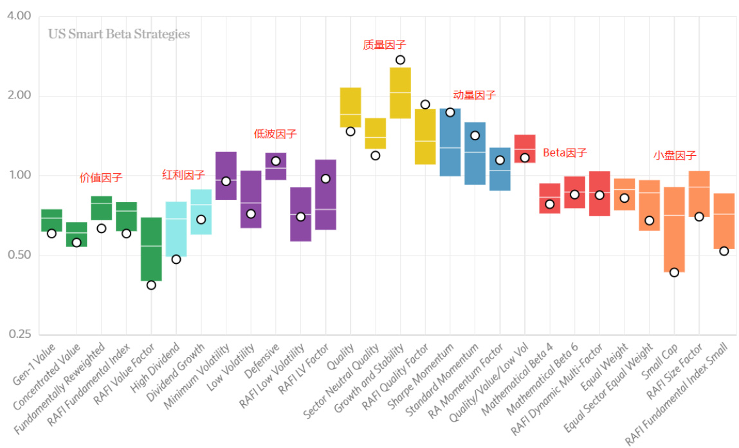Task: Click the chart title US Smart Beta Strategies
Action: click(x=119, y=34)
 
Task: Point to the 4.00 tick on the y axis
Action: click(x=19, y=16)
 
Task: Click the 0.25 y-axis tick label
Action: click(x=19, y=335)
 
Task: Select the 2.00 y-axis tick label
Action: click(x=19, y=96)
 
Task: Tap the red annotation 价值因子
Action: click(x=101, y=178)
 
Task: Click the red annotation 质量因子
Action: click(x=385, y=44)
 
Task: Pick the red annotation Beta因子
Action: click(x=565, y=153)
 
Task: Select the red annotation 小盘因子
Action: click(x=675, y=155)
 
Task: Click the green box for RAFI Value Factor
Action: click(x=151, y=250)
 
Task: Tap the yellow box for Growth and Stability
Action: click(x=400, y=93)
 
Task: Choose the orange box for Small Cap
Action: click(x=674, y=230)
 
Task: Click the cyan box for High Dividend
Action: click(x=176, y=229)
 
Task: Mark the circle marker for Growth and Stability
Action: click(x=400, y=60)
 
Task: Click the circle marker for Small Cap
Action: click(x=674, y=272)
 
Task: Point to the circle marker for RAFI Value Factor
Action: click(x=151, y=285)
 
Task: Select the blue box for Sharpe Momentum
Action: click(x=450, y=142)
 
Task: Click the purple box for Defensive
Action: click(x=276, y=166)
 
